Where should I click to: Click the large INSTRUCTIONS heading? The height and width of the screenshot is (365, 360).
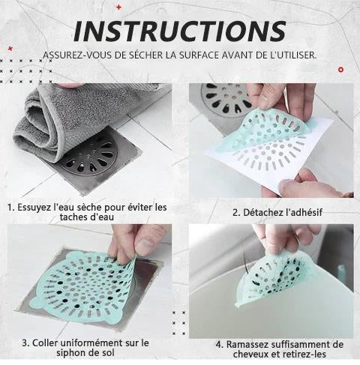tap(180, 31)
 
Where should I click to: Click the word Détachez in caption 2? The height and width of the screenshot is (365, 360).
tap(259, 213)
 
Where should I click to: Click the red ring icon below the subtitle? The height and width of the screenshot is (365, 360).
tap(340, 70)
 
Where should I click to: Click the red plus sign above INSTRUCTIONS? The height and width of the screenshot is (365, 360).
tap(118, 7)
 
